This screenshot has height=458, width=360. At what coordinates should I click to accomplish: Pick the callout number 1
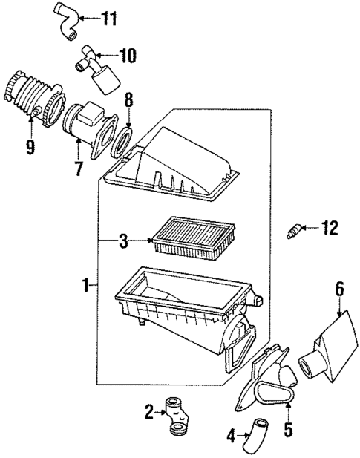(87, 284)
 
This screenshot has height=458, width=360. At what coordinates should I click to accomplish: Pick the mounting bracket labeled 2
(179, 416)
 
